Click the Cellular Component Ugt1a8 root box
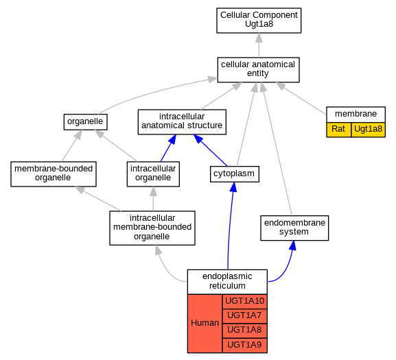[259, 21]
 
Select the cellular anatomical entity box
[258, 70]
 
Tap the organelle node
[85, 122]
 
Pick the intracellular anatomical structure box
[182, 122]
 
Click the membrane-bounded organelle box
[54, 174]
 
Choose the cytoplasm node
[235, 174]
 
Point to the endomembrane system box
[294, 228]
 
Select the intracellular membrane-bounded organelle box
[152, 228]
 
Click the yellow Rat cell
[338, 130]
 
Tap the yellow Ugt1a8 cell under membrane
[369, 130]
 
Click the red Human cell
[205, 324]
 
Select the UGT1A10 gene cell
[245, 302]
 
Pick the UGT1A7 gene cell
[245, 316]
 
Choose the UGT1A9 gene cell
[245, 346]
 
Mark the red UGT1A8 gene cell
[245, 331]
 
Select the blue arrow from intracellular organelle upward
[168, 148]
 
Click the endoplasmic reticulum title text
[227, 281]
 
